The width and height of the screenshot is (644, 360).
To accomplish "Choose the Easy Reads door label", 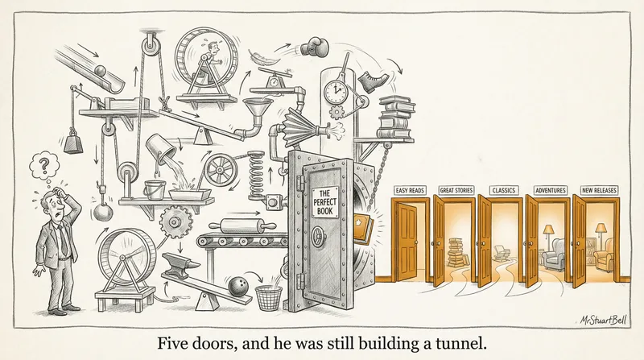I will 409,191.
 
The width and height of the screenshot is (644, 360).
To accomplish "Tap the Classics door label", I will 503,191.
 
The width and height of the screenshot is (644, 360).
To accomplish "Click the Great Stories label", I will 456,191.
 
